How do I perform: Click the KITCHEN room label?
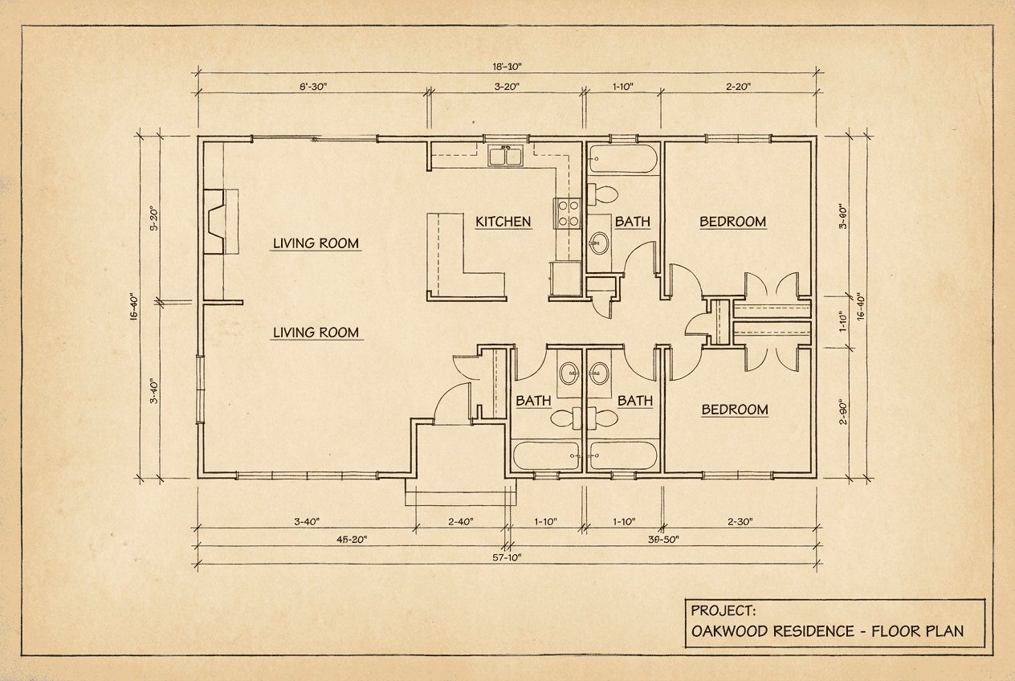(503, 222)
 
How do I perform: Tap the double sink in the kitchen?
(505, 156)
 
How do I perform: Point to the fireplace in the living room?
(220, 222)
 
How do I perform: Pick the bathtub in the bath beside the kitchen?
(622, 158)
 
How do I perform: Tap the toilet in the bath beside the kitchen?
(602, 194)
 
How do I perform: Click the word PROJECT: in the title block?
(723, 610)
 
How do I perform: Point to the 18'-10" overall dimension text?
(507, 67)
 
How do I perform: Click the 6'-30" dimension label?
(312, 87)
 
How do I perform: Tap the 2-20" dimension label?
(738, 87)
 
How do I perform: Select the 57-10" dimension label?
(507, 557)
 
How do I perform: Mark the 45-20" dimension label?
(352, 540)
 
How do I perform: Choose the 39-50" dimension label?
(663, 540)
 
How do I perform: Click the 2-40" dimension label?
(460, 521)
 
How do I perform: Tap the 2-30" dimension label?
(740, 521)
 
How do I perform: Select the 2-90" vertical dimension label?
(843, 411)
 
